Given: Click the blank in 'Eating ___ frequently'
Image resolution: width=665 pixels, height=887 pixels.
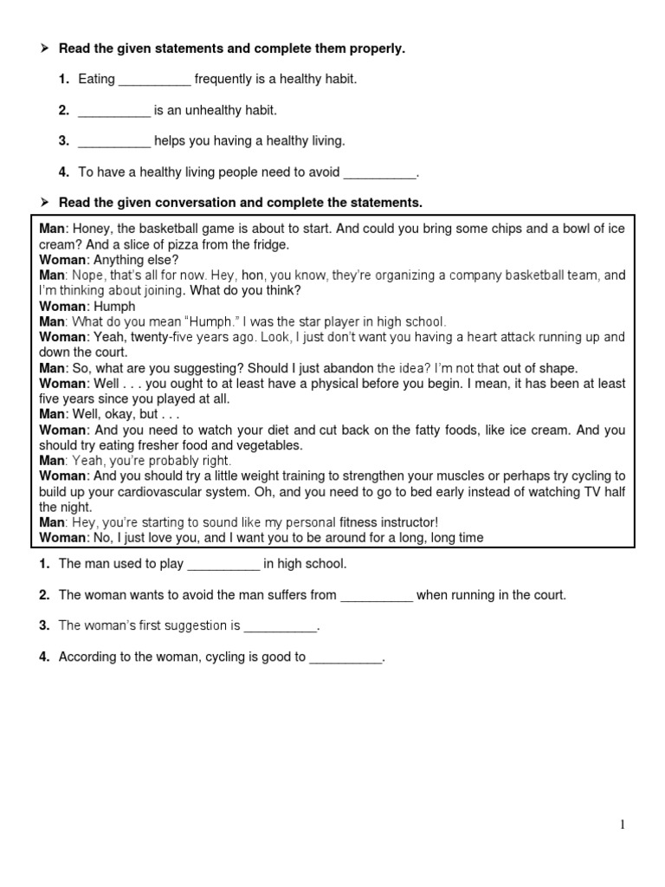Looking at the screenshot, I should click(154, 81).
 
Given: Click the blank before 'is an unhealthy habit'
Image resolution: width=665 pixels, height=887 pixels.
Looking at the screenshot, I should click(114, 112).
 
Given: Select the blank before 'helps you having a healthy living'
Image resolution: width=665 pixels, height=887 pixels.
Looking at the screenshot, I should click(114, 142).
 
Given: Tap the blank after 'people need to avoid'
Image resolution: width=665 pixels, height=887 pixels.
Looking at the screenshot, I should click(380, 173).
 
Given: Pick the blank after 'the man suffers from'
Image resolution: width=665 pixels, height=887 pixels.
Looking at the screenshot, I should click(377, 596).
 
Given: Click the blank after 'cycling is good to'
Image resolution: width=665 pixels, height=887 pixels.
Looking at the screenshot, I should click(345, 657).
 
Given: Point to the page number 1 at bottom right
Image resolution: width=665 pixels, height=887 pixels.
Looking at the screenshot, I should click(623, 825).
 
